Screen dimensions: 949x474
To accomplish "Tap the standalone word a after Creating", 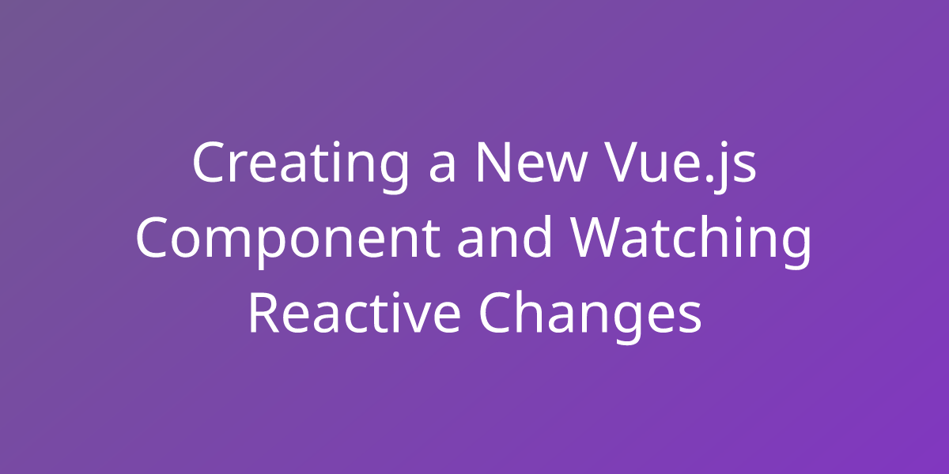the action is [442, 168].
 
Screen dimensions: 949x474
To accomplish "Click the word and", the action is [505, 236].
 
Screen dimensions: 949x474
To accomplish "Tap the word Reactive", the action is [354, 312].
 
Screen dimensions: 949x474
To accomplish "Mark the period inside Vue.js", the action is [709, 179].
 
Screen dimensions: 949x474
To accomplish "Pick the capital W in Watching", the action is [597, 238].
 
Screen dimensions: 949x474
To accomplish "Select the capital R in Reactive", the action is [264, 313].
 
